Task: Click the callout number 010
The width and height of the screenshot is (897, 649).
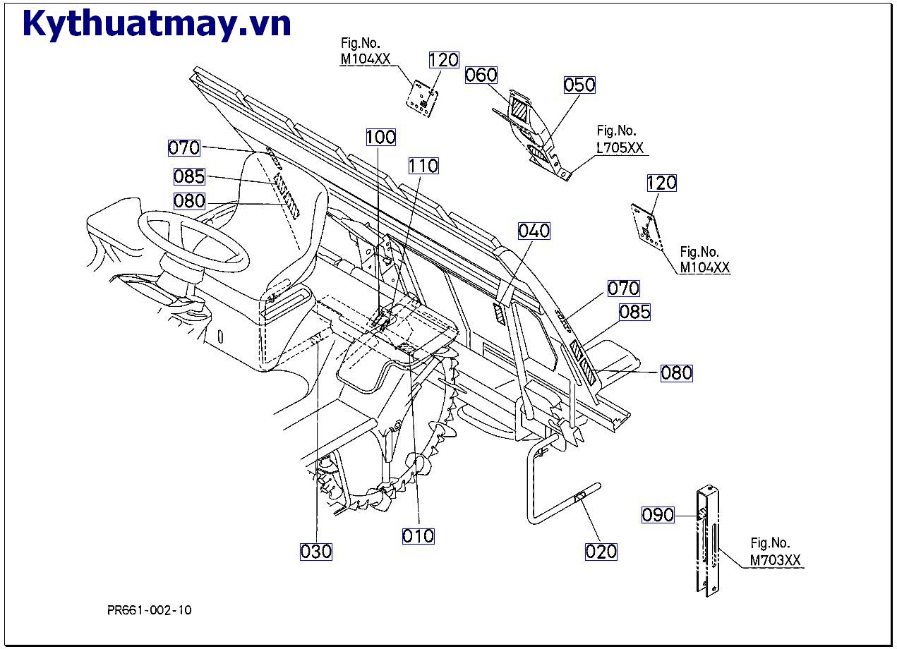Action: tap(419, 536)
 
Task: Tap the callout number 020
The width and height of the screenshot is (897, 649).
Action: tap(601, 551)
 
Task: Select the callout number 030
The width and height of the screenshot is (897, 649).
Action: tap(316, 551)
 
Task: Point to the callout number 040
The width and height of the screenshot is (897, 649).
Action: tap(534, 231)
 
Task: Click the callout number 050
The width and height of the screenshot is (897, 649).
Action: tap(579, 85)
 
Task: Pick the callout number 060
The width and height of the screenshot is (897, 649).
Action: tap(481, 75)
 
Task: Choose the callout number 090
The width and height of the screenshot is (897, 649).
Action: tap(658, 515)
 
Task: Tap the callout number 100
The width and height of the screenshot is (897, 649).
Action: tap(381, 137)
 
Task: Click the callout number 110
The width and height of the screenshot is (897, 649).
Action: tap(423, 166)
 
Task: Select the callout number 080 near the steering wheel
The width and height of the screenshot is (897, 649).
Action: tap(189, 201)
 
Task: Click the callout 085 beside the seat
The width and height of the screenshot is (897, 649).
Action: tap(189, 176)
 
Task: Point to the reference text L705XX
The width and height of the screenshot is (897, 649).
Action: tap(620, 147)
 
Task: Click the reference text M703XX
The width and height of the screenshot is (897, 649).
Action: tap(775, 561)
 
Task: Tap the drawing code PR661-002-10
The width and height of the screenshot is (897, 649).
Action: tap(149, 610)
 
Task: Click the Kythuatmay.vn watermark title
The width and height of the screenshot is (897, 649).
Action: tap(157, 24)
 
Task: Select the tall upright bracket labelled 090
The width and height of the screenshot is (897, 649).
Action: tap(709, 540)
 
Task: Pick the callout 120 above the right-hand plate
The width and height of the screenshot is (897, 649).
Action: tap(661, 183)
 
